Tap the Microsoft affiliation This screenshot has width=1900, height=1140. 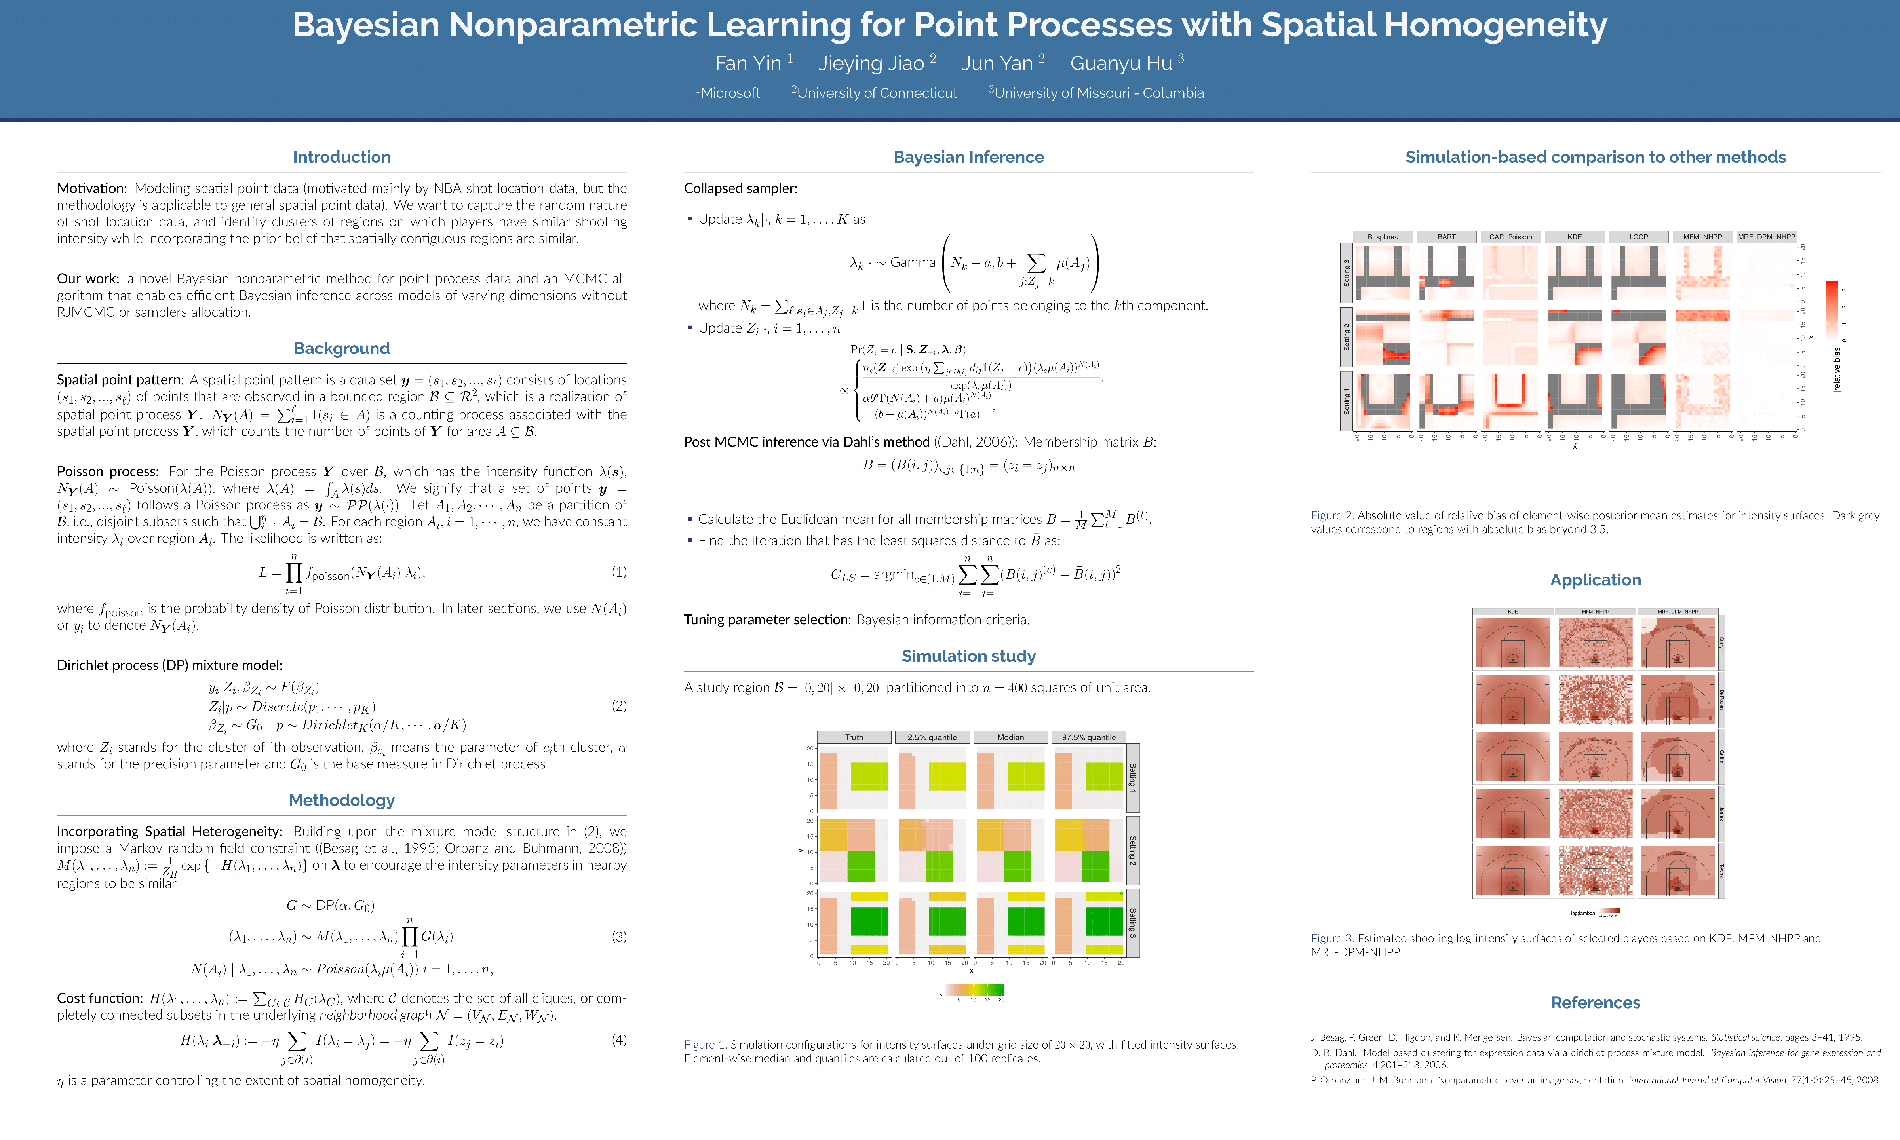click(730, 93)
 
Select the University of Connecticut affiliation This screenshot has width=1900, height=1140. click(877, 93)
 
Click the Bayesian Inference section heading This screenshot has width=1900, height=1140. click(968, 157)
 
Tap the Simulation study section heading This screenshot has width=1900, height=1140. click(968, 656)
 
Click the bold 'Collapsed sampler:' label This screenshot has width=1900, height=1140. click(741, 188)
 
